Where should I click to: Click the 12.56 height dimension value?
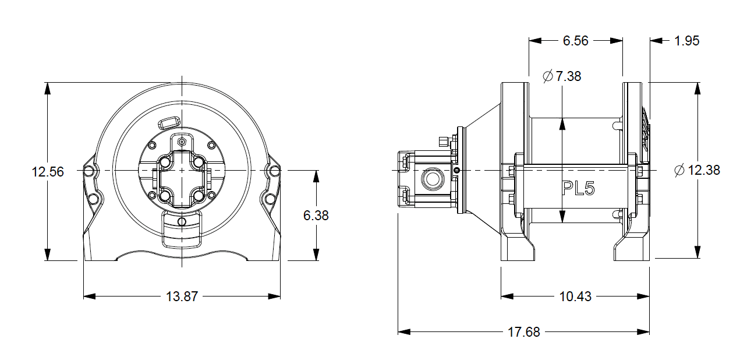click(x=48, y=172)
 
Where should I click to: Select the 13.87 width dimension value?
click(x=182, y=297)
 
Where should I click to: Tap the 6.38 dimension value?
click(x=316, y=216)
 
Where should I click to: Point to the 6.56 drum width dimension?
click(x=575, y=41)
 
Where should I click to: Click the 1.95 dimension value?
click(x=686, y=41)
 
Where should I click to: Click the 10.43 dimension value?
click(x=575, y=297)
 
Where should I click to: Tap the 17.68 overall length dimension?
click(x=524, y=332)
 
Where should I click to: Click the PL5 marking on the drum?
click(x=578, y=188)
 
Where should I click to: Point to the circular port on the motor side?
click(x=432, y=179)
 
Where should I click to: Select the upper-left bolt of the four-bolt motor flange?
click(x=164, y=161)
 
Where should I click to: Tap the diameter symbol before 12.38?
click(x=679, y=171)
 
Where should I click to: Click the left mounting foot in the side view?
click(x=517, y=248)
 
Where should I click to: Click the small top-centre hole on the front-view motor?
click(x=182, y=142)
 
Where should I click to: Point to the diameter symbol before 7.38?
click(x=547, y=76)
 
